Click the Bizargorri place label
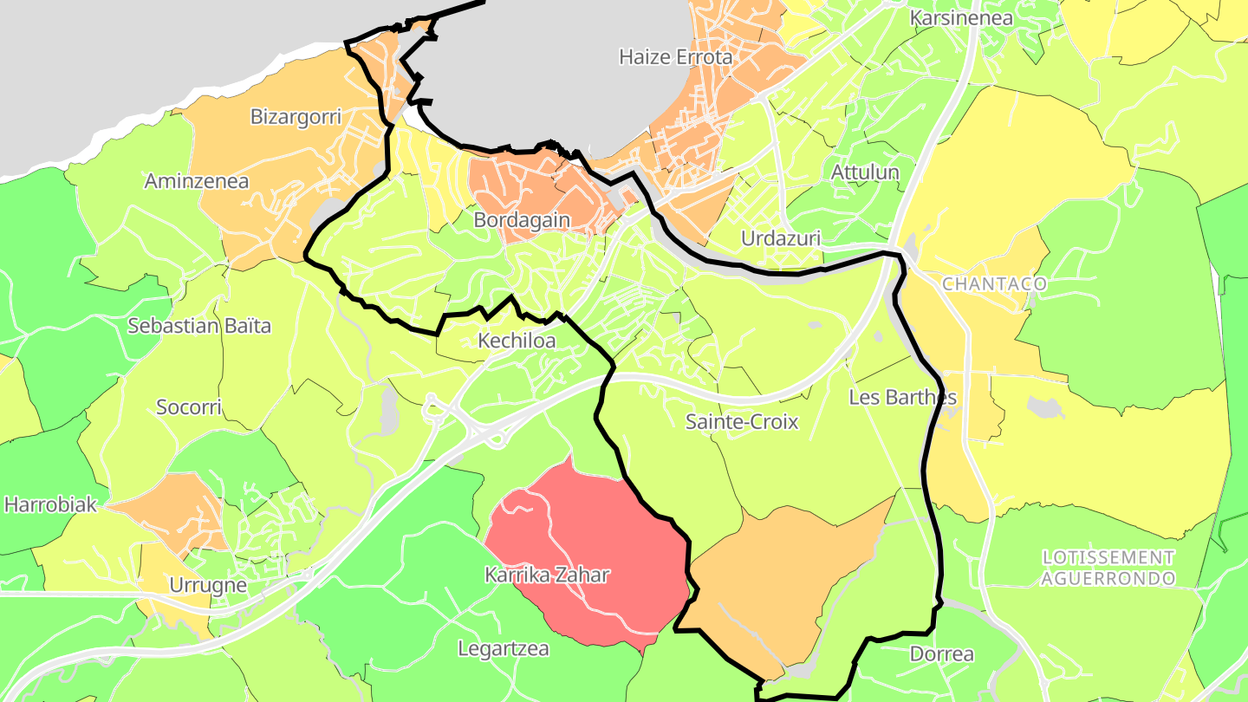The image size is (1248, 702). pyautogui.click(x=296, y=116)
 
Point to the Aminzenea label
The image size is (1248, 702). pyautogui.click(x=197, y=181)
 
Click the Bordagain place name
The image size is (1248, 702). pyautogui.click(x=522, y=220)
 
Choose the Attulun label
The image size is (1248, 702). pyautogui.click(x=865, y=172)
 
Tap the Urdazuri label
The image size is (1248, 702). pyautogui.click(x=781, y=238)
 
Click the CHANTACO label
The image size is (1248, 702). pyautogui.click(x=994, y=284)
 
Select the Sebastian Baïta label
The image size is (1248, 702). pyautogui.click(x=199, y=326)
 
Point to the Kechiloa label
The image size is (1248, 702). pyautogui.click(x=517, y=341)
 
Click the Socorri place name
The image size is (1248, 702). pyautogui.click(x=189, y=406)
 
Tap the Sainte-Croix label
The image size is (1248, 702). pyautogui.click(x=741, y=422)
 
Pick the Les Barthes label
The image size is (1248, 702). pyautogui.click(x=902, y=397)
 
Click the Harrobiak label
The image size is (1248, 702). pyautogui.click(x=50, y=504)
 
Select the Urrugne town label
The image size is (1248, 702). pyautogui.click(x=208, y=585)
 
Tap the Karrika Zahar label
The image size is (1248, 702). pyautogui.click(x=547, y=575)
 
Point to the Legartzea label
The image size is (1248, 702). pyautogui.click(x=503, y=648)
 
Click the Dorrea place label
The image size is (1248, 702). pyautogui.click(x=941, y=654)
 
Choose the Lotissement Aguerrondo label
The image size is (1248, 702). pyautogui.click(x=1108, y=568)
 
